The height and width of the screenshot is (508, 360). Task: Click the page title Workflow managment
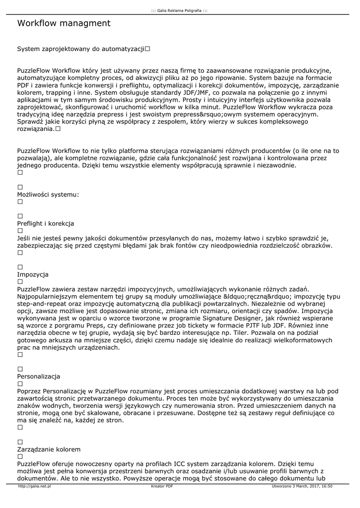[64, 23]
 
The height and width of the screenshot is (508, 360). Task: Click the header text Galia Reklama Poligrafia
[179, 10]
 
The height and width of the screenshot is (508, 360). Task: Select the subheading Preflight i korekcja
[46, 223]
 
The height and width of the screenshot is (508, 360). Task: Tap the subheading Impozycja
[33, 274]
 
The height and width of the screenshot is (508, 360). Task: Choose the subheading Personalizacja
[39, 376]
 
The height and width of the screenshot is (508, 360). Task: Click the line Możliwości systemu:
[48, 194]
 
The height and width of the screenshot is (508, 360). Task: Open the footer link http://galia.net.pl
[35, 486]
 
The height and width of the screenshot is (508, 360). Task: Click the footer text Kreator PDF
[162, 486]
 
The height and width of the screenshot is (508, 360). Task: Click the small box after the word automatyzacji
[148, 49]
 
